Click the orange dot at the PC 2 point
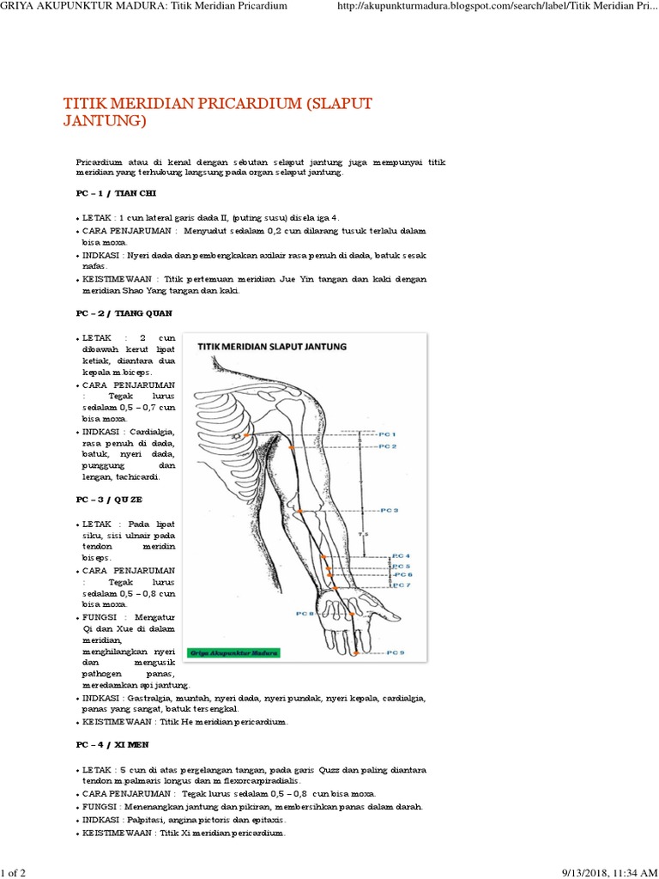292,447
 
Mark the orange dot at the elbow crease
300,512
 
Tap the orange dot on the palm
351,614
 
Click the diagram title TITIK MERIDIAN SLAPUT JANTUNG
272,347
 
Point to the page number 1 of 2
15,872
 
